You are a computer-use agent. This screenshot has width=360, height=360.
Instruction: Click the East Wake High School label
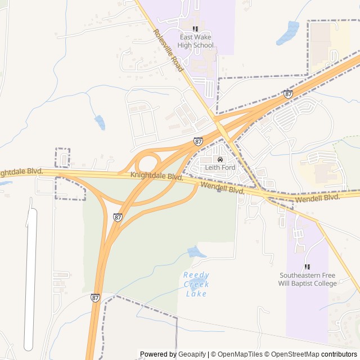click(x=195, y=41)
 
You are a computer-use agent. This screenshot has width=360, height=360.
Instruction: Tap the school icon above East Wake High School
click(x=195, y=29)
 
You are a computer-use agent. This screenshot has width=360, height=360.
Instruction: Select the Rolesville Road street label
click(x=168, y=49)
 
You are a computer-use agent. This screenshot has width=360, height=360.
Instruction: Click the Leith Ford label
click(x=220, y=168)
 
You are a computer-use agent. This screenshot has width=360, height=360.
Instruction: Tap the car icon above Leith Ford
click(x=220, y=160)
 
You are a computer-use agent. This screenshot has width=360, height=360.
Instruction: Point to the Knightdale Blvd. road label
click(x=156, y=176)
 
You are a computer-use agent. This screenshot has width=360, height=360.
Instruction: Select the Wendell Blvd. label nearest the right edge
click(x=318, y=197)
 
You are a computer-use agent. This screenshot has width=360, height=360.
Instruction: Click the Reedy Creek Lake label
click(x=196, y=284)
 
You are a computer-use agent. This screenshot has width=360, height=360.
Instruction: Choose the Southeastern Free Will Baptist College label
click(x=307, y=280)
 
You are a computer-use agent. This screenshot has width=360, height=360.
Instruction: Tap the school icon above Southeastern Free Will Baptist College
click(x=307, y=267)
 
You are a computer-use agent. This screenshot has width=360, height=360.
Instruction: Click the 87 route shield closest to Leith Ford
click(x=199, y=142)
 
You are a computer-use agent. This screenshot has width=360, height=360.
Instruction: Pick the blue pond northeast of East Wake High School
click(x=289, y=33)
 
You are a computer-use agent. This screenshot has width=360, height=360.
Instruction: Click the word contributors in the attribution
click(x=339, y=354)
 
